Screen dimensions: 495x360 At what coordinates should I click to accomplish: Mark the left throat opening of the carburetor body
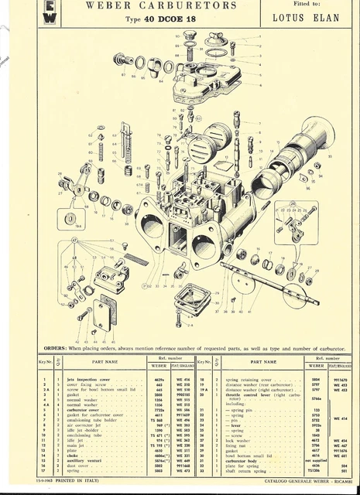click(155, 229)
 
